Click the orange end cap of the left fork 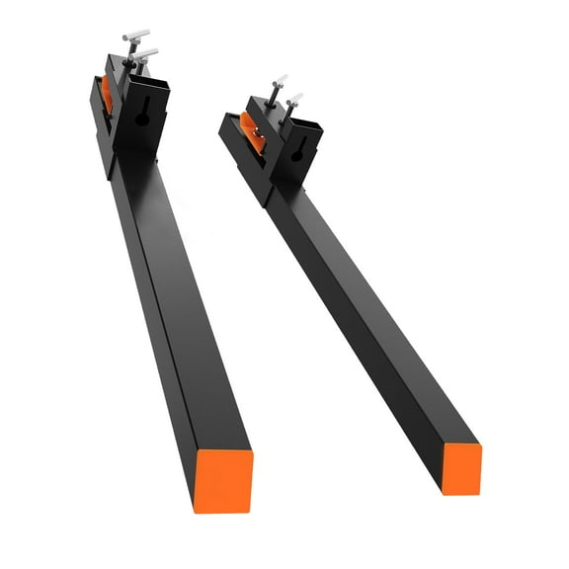[222, 480]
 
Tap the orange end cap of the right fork [461, 467]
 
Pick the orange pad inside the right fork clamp [253, 132]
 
